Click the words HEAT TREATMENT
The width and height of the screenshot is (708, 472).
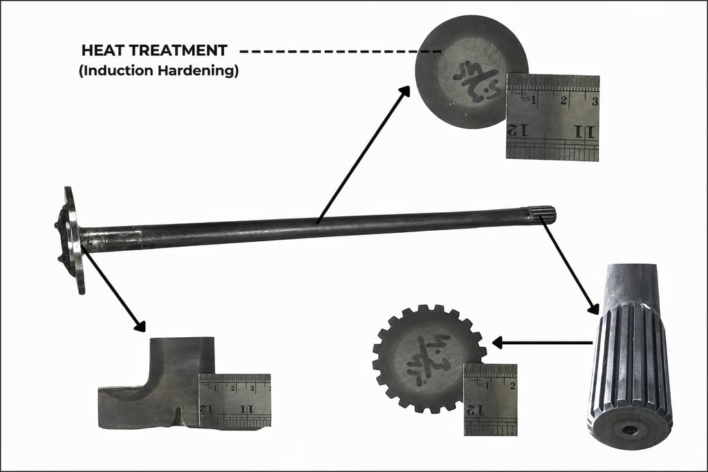[x=153, y=50]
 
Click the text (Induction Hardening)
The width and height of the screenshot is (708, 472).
[x=159, y=70]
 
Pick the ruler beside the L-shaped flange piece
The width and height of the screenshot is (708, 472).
[x=234, y=400]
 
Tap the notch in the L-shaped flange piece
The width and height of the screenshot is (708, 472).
[x=178, y=415]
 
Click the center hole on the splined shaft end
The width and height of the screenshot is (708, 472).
[x=630, y=430]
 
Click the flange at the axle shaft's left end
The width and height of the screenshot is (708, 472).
[x=71, y=238]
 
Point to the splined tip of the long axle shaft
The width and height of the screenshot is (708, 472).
[x=543, y=216]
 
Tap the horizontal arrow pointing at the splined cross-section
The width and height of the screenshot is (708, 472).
[x=543, y=342]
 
